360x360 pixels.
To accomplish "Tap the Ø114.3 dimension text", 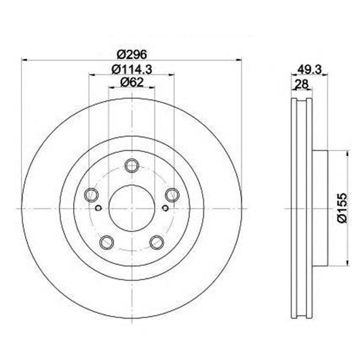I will tap(131, 69).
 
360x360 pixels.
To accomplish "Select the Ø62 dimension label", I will tap(131, 82).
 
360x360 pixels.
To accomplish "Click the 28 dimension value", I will tap(301, 85).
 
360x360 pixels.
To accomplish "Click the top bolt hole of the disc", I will tap(131, 166).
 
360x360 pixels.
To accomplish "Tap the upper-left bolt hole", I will tap(91, 194).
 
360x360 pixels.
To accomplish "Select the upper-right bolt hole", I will tap(172, 194).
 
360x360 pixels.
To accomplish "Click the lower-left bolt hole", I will tap(107, 242).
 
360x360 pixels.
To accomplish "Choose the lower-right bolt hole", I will tap(157, 242).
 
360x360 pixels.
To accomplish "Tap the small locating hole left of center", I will tap(98, 209).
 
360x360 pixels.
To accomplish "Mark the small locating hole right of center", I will tap(165, 209).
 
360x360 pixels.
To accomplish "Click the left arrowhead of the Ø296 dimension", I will tap(25, 59).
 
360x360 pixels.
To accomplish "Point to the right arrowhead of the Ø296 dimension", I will tap(239, 59).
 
